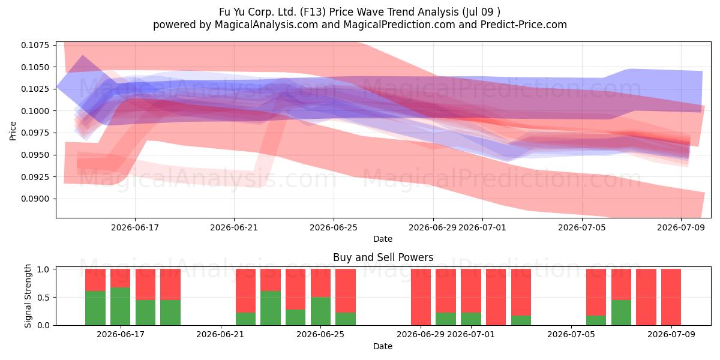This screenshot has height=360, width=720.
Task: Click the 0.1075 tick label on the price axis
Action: (35, 45)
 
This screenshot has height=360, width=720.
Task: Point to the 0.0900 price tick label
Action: (35, 199)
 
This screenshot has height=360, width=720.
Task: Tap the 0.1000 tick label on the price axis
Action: (35, 111)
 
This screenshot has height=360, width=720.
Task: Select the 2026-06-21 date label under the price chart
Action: (234, 227)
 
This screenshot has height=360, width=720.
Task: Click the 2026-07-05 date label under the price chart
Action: (582, 227)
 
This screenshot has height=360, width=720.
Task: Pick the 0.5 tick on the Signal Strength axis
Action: (43, 298)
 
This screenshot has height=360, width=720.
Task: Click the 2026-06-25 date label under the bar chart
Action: (320, 334)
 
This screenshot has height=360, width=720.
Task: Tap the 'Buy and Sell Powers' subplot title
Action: (383, 257)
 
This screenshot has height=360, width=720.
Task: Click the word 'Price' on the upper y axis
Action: (13, 131)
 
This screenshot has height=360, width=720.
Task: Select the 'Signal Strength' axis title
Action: (28, 296)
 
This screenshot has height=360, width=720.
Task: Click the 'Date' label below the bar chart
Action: (383, 346)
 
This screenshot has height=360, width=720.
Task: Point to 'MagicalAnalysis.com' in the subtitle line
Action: (266, 25)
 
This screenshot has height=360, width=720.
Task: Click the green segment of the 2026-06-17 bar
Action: (120, 307)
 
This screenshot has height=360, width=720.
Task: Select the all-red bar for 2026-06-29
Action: (421, 298)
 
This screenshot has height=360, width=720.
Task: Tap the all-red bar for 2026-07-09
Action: (671, 298)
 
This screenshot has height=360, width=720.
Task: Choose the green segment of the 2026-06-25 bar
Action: (320, 311)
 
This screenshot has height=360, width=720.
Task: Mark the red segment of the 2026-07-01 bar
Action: (471, 291)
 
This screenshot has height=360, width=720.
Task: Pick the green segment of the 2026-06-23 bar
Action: (271, 308)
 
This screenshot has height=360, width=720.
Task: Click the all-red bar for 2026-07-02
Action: (496, 298)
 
